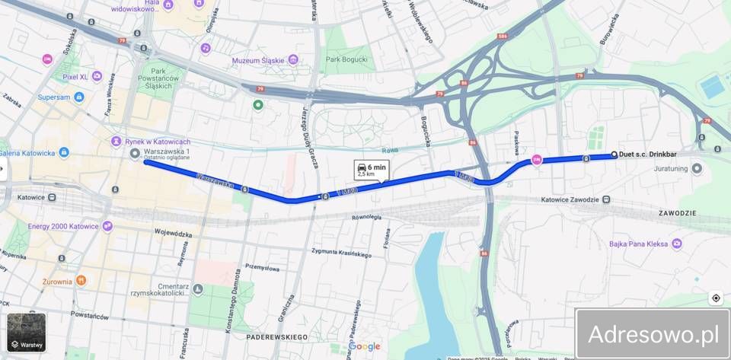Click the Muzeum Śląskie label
pyautogui.click(x=259, y=60)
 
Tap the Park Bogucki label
pyautogui.click(x=346, y=59)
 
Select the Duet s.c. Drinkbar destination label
pyautogui.click(x=648, y=155)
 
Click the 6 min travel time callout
pyautogui.click(x=371, y=170)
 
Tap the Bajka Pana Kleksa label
pyautogui.click(x=638, y=244)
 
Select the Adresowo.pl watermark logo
pyautogui.click(x=653, y=334)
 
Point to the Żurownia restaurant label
pyautogui.click(x=57, y=281)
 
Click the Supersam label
pyautogui.click(x=54, y=97)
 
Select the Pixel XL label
pyautogui.click(x=75, y=77)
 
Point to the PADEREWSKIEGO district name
pyautogui.click(x=277, y=336)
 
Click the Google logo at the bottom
pyautogui.click(x=364, y=347)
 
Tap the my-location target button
pyautogui.click(x=715, y=298)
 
